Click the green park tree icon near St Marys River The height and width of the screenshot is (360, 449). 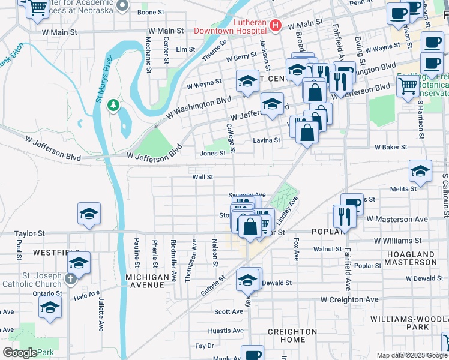(x=112, y=106)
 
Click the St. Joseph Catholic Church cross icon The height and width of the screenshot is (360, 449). (x=71, y=278)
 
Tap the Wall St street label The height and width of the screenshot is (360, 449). (x=202, y=177)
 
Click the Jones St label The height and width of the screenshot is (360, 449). (x=212, y=153)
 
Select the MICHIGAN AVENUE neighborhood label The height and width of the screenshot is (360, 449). (x=148, y=281)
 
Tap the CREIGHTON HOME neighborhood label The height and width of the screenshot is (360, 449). (x=292, y=336)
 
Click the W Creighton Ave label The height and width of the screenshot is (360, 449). (x=349, y=299)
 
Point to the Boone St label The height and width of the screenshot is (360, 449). (x=151, y=12)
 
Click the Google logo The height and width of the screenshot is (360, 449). (x=19, y=353)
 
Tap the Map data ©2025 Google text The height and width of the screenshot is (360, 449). (x=411, y=355)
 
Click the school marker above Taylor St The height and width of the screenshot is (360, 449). (x=89, y=214)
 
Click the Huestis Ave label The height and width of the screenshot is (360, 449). (x=226, y=331)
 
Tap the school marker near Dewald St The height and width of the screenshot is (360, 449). (x=247, y=279)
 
